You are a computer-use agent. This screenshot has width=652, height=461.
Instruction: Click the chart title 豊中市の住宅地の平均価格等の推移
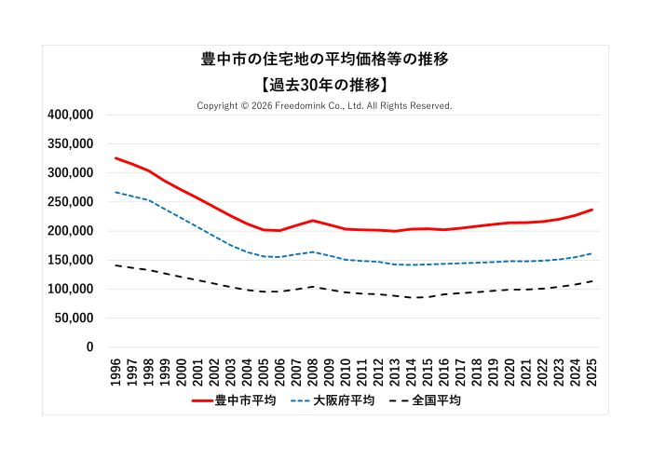[325, 60]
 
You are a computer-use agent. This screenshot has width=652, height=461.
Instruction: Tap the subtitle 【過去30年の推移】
[325, 85]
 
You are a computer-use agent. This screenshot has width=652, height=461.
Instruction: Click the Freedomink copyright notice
[325, 106]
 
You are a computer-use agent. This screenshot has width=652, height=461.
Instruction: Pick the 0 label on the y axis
[89, 347]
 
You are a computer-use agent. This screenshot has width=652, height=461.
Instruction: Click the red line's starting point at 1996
[115, 158]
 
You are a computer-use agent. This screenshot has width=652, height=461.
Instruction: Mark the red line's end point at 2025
[591, 210]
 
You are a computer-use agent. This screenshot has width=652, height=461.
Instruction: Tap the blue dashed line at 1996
[115, 193]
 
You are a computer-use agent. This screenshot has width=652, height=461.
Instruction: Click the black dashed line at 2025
[591, 281]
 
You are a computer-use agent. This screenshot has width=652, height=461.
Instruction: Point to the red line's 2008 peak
[313, 221]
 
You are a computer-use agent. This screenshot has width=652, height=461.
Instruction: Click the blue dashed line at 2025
[591, 253]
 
